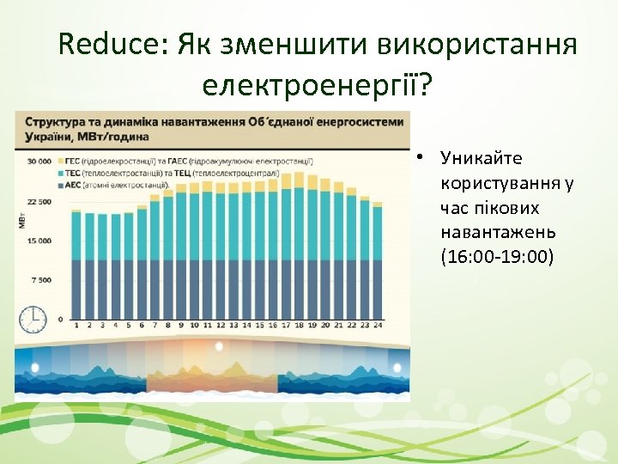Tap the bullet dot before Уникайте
(421, 159)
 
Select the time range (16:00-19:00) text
(497, 257)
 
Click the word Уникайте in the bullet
(481, 159)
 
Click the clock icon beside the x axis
(33, 318)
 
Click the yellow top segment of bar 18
(299, 183)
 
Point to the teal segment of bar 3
(102, 236)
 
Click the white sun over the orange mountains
(219, 346)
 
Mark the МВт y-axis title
(21, 222)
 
